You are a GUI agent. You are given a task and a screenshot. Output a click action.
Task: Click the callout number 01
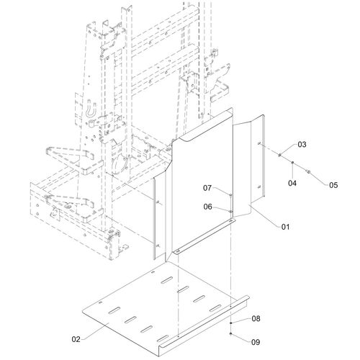click(285, 227)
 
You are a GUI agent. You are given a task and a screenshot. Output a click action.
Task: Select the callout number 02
click(76, 339)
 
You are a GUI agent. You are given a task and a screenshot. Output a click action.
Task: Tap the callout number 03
click(302, 144)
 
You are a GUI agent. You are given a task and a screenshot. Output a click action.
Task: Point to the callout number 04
click(292, 183)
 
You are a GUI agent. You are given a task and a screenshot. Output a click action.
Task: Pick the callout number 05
click(333, 185)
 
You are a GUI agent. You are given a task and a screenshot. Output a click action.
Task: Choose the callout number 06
click(208, 207)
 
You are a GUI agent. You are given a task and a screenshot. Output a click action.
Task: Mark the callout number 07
click(207, 188)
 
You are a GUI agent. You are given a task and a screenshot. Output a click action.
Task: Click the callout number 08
click(256, 318)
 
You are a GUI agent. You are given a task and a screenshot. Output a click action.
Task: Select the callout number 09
click(256, 342)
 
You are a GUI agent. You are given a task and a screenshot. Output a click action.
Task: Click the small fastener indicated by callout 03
click(280, 155)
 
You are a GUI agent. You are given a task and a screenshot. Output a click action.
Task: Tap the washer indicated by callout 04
click(292, 163)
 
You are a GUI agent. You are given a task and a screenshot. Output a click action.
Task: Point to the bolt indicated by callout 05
click(308, 171)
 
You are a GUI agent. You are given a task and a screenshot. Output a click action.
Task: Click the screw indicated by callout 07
click(230, 196)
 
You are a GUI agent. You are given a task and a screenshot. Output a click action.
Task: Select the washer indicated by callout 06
click(230, 211)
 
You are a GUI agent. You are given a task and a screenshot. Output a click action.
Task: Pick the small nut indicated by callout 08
click(230, 323)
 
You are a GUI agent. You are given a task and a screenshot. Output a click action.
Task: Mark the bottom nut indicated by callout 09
click(230, 333)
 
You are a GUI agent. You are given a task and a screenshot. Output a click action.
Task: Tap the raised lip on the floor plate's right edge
click(204, 333)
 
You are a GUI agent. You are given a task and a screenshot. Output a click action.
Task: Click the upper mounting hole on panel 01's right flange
click(259, 143)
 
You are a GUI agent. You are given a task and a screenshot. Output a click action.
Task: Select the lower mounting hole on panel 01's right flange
click(259, 186)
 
